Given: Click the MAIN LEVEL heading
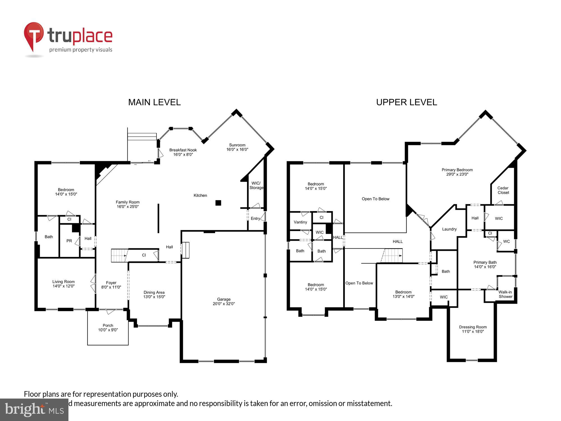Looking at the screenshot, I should coord(154,102).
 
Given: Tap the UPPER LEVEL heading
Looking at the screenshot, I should coord(406,102).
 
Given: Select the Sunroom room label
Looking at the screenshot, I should coord(237,147).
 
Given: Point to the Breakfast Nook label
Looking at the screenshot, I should coord(183,152).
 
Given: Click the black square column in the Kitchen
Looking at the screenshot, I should coord(218,203).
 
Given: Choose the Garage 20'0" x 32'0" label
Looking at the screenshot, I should coord(224,301).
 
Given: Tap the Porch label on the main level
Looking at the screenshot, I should coord(108,328).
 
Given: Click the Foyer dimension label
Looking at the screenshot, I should coord(111,285).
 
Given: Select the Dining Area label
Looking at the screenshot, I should coord(154,294).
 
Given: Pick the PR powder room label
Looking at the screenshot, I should coord(69,241).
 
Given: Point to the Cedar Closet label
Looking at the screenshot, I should coord(503,190).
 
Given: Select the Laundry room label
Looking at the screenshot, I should coord(449,229).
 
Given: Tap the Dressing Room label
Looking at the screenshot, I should coord(473,329).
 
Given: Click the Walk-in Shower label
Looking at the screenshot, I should coord(505,294).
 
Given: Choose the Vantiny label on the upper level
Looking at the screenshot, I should coord(300,222).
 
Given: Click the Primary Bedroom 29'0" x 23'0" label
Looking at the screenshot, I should coord(457,172).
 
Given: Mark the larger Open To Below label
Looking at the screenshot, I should coord(375,199).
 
